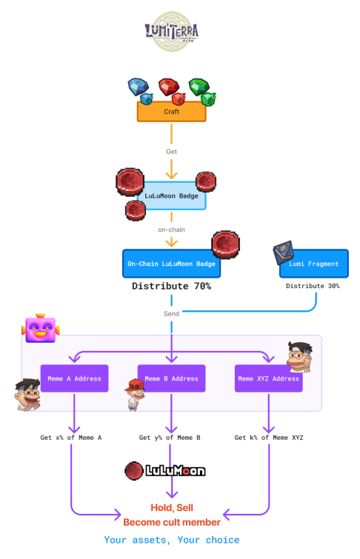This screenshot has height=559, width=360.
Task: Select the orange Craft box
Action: pyautogui.click(x=171, y=112)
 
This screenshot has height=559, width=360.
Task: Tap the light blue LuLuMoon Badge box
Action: pyautogui.click(x=171, y=196)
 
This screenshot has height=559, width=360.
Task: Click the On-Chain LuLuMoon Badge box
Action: pyautogui.click(x=171, y=264)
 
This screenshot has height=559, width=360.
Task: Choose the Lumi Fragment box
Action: pyautogui.click(x=313, y=264)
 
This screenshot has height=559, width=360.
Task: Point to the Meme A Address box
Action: pyautogui.click(x=74, y=378)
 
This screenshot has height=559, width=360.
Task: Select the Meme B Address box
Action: pyautogui.click(x=171, y=378)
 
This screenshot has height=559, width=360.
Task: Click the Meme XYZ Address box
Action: pyautogui.click(x=268, y=378)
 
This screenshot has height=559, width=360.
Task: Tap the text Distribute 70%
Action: pyautogui.click(x=171, y=286)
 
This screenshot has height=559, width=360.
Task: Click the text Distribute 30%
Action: pyautogui.click(x=313, y=286)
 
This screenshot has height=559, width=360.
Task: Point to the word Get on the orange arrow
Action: pyautogui.click(x=171, y=151)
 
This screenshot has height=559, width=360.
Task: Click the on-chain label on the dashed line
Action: pyautogui.click(x=171, y=230)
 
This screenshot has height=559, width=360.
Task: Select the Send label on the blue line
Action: pyautogui.click(x=171, y=313)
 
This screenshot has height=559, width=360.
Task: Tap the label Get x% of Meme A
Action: pyautogui.click(x=71, y=438)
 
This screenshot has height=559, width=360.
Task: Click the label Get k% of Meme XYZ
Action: pyautogui.click(x=268, y=438)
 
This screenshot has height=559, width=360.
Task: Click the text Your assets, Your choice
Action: pyautogui.click(x=172, y=540)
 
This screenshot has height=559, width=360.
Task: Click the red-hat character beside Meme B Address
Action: pyautogui.click(x=133, y=394)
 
